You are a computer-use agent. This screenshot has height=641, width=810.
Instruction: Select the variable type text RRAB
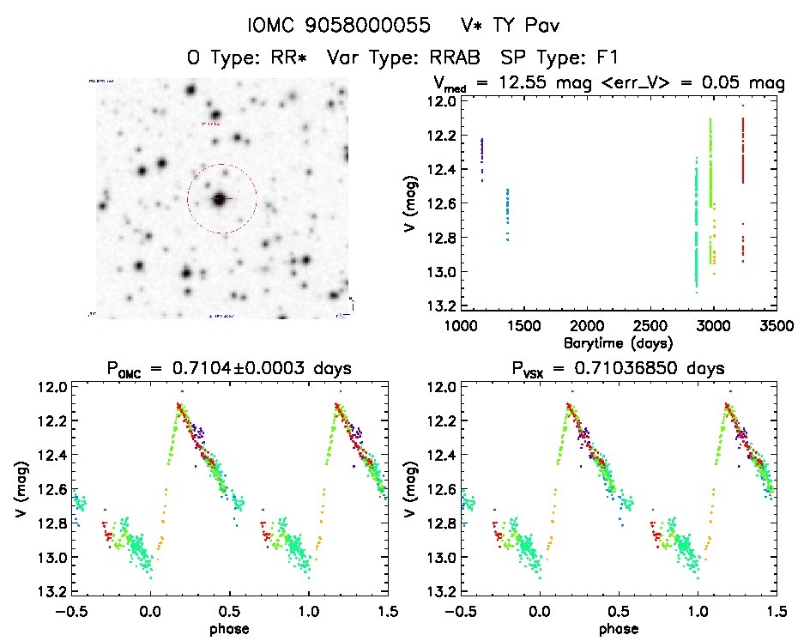click(x=442, y=58)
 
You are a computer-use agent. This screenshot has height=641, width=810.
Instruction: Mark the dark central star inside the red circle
click(x=221, y=199)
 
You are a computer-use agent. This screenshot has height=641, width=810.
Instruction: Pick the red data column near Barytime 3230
click(x=743, y=150)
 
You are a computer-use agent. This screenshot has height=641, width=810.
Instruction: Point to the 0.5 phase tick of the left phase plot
click(x=229, y=611)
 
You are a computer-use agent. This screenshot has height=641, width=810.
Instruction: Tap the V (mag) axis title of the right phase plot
click(x=413, y=489)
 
